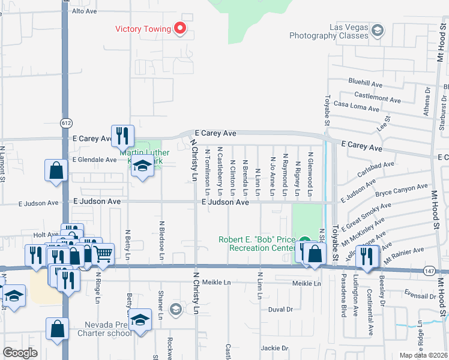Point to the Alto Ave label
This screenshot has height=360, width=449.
tap(85, 11)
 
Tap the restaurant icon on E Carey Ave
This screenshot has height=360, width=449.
tap(122, 135)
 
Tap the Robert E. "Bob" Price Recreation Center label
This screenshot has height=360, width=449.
tap(258, 244)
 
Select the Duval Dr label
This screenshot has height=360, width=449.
tap(280, 310)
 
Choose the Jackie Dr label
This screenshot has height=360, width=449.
tap(275, 347)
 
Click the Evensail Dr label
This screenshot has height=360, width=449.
tap(420, 296)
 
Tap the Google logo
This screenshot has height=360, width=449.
tap(20, 352)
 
